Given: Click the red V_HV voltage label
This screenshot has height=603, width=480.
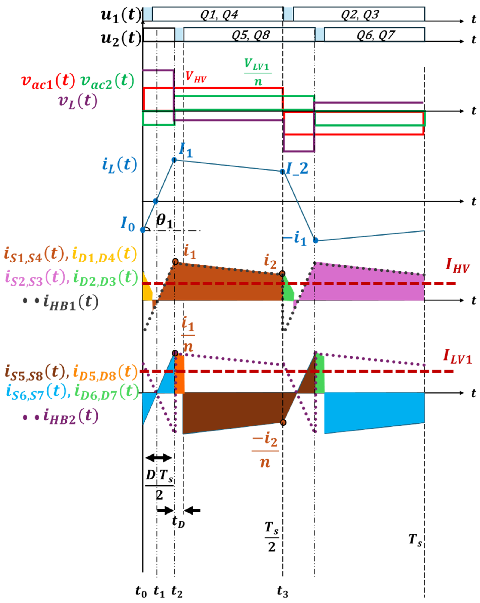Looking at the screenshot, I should click(196, 77).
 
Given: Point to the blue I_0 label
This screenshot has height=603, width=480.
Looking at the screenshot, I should click(128, 224).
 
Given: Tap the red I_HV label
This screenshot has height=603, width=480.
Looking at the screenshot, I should click(457, 266).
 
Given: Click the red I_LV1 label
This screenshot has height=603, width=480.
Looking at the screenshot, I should click(457, 357).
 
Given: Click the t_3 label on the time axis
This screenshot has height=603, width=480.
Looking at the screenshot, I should click(282, 592).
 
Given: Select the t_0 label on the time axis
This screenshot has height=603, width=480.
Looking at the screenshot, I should click(141, 592).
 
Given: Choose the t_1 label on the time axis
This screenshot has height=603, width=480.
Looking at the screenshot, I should click(159, 592).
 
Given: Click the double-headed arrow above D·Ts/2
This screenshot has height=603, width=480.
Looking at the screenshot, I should click(159, 458).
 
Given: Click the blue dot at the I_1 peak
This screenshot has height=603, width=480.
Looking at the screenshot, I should click(174, 160).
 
